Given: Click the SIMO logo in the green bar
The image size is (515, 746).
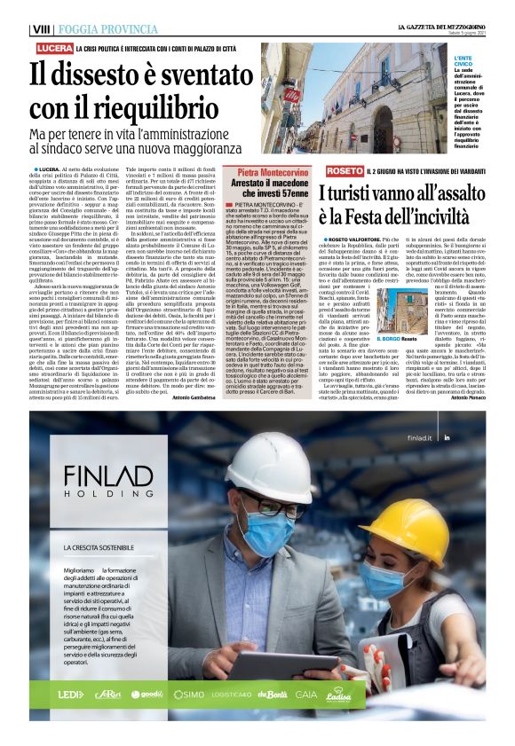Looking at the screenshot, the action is [x=188, y=695].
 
